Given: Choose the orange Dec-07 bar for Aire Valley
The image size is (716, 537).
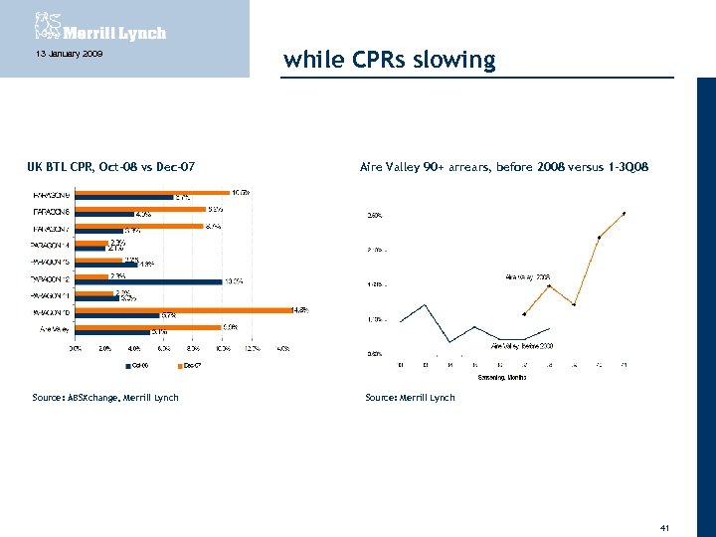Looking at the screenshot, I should tap(148, 327).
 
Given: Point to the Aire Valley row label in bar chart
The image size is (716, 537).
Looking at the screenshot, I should tap(54, 329).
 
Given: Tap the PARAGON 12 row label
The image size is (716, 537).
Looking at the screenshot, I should tap(51, 279).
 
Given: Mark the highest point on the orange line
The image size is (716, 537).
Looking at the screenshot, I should tap(624, 213).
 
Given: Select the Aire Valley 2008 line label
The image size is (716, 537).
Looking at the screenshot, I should tap(528, 276).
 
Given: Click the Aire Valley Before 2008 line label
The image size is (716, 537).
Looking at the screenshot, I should tap(522, 345).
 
